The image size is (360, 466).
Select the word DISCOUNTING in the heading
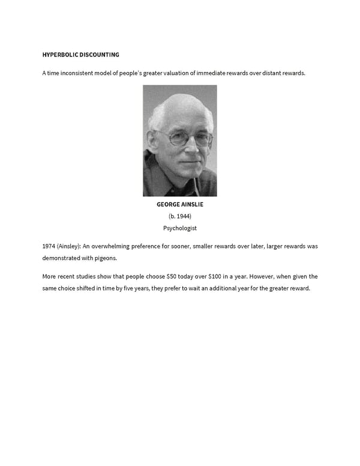click(x=100, y=55)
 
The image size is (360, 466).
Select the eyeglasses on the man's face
click(x=180, y=138)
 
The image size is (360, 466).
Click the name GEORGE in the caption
click(x=168, y=204)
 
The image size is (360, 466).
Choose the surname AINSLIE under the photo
click(x=192, y=204)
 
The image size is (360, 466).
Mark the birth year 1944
click(x=182, y=216)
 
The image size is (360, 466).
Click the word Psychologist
click(x=180, y=228)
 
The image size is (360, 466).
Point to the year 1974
click(x=49, y=246)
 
